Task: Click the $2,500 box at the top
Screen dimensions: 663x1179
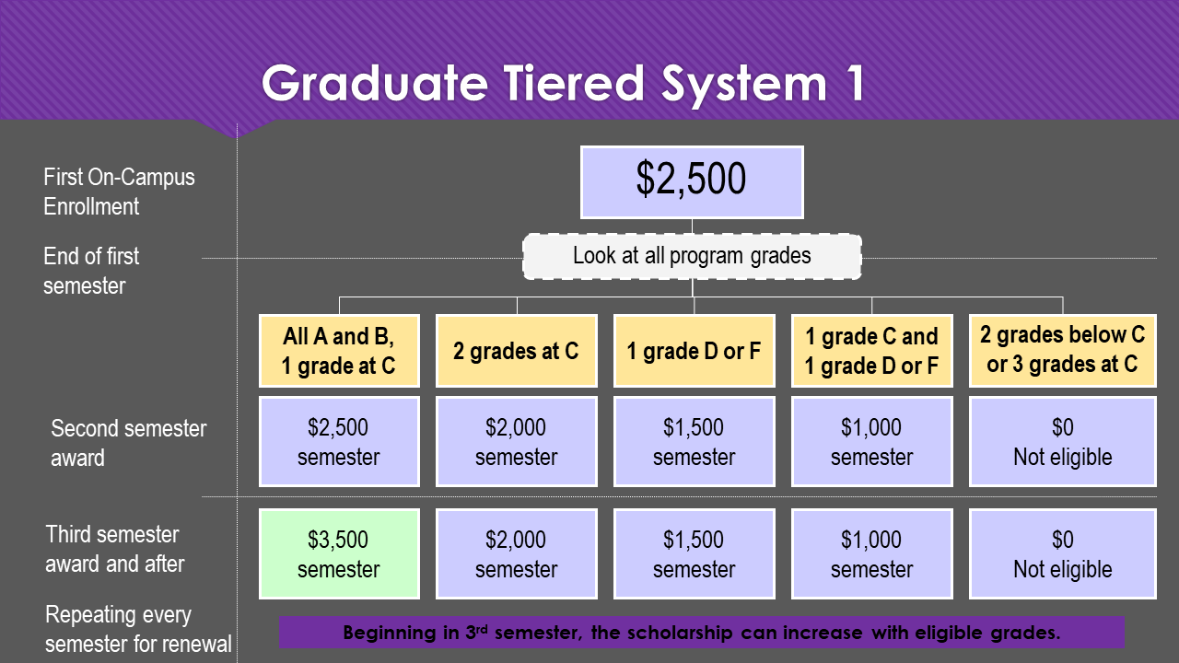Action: pos(692,181)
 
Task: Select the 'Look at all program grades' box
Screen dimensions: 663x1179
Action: pos(692,256)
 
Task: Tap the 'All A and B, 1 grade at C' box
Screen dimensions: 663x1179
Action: pos(338,350)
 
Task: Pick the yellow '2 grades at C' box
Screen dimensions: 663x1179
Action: pos(516,350)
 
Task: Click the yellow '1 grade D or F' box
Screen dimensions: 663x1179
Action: pos(694,350)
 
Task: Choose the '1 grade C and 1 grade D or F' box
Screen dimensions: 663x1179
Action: pos(871,350)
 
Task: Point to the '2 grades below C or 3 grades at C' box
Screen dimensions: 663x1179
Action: pos(1062,350)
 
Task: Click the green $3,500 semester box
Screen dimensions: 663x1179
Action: pos(338,553)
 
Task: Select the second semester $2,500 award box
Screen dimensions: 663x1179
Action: pos(338,441)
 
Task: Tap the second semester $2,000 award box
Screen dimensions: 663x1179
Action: pos(516,441)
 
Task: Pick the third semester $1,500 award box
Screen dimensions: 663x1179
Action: pos(694,553)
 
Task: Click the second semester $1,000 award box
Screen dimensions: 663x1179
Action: pos(871,441)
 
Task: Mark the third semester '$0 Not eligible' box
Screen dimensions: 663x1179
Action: pos(1062,553)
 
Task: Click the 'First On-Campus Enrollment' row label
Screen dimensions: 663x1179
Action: pos(119,192)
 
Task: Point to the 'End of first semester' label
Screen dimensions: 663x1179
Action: pos(91,271)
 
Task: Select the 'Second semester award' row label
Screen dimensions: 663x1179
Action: pos(128,443)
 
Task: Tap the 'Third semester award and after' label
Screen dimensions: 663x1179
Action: pos(114,549)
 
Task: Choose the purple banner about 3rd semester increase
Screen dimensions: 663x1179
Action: pos(702,633)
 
